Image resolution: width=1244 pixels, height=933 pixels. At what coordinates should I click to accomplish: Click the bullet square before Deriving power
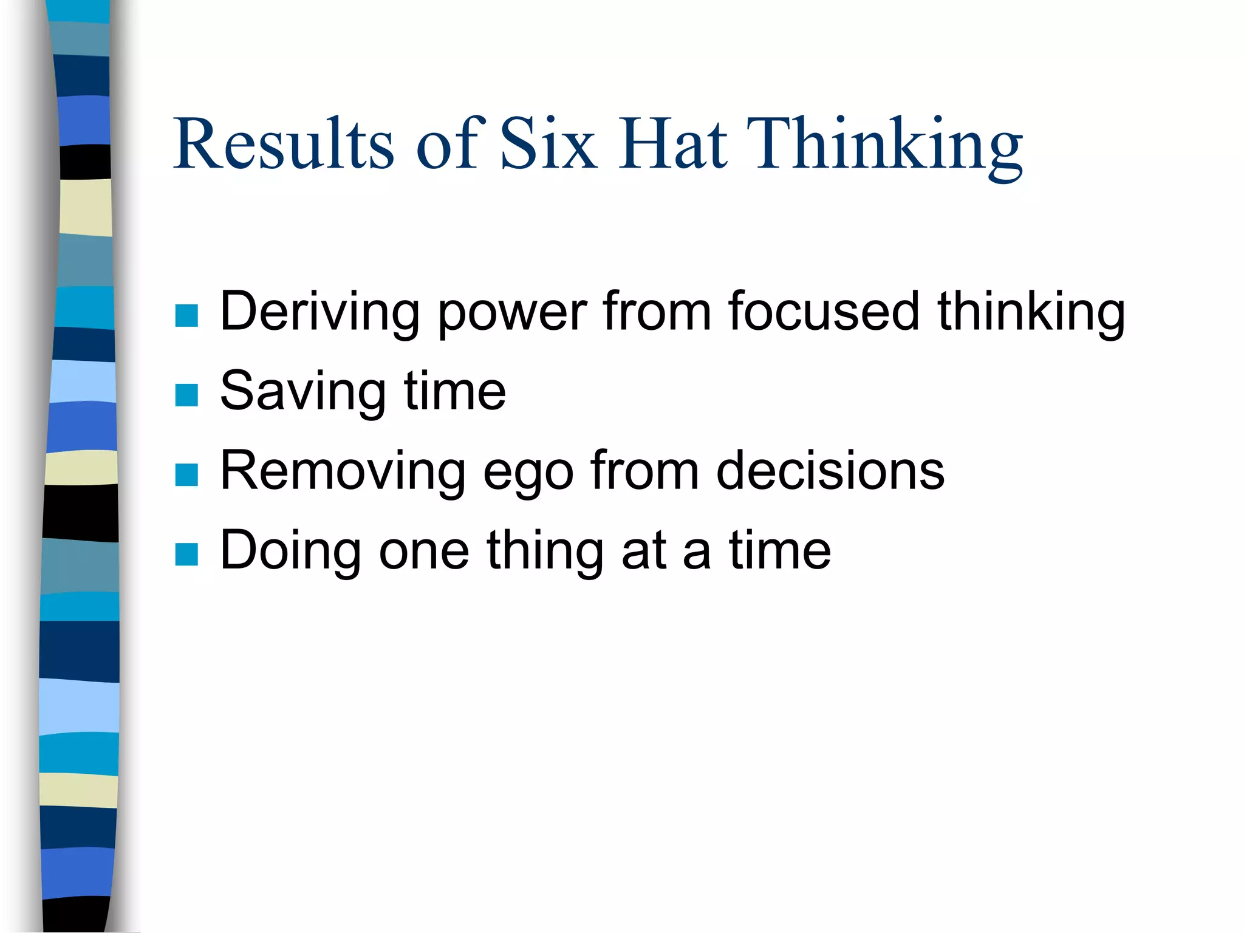click(x=186, y=315)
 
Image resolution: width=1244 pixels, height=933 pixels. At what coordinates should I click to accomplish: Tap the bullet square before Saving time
click(x=186, y=395)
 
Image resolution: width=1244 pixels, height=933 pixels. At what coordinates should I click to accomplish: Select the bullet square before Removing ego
click(x=186, y=474)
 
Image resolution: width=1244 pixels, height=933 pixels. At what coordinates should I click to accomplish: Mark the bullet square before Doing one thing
click(x=186, y=554)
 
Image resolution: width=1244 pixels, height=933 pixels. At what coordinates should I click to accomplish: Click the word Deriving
click(x=320, y=312)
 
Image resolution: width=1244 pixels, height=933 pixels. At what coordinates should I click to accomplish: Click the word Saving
click(x=302, y=392)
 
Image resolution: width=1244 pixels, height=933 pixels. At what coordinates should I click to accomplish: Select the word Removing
click(x=342, y=472)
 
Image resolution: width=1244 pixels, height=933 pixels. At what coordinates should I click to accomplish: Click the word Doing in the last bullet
click(x=290, y=552)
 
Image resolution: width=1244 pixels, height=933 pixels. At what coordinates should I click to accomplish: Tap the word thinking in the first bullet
click(x=1031, y=312)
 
